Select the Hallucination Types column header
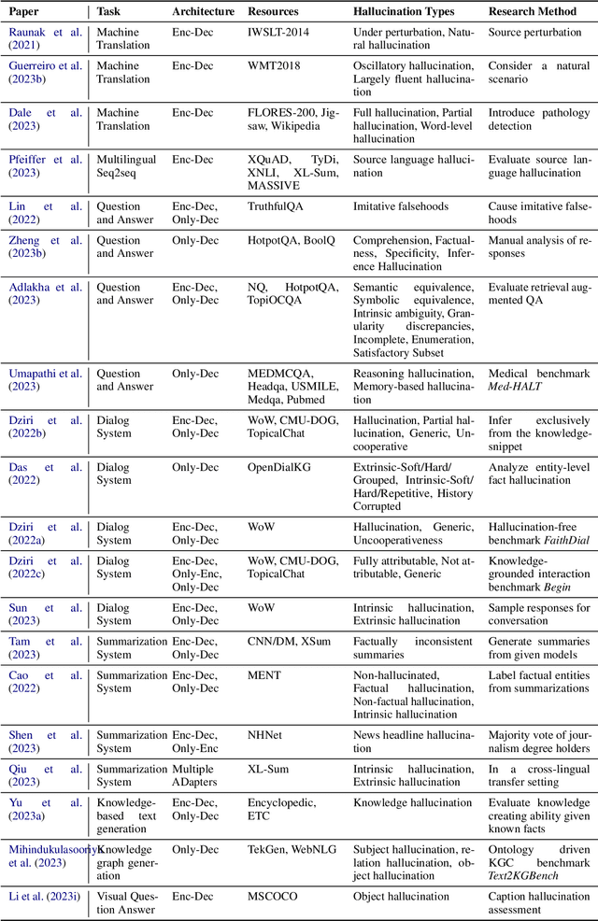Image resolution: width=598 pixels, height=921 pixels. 404,12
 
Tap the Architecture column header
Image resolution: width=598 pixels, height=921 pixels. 203,12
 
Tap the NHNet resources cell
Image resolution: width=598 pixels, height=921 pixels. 267,735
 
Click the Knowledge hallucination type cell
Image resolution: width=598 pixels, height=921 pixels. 412,802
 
